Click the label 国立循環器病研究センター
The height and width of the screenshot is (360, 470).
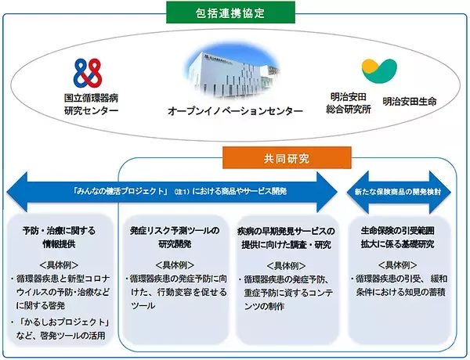pyautogui.click(x=92, y=106)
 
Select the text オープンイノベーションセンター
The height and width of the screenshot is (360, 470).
pyautogui.click(x=235, y=112)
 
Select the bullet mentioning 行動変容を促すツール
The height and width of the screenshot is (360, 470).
pyautogui.click(x=174, y=290)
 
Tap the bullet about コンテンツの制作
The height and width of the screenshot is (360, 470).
pyautogui.click(x=286, y=290)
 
